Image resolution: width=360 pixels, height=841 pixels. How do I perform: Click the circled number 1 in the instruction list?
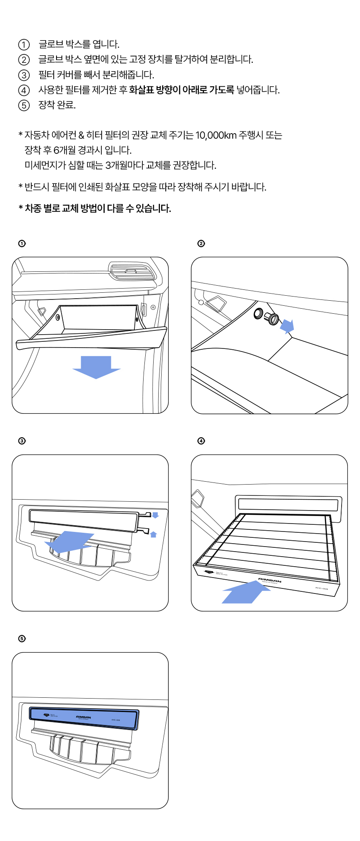[x=24, y=44]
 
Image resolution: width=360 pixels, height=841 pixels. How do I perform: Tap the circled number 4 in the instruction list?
[x=24, y=90]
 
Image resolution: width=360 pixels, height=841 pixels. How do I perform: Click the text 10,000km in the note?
[x=216, y=135]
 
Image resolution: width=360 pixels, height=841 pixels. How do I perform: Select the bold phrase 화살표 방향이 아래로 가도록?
[x=181, y=90]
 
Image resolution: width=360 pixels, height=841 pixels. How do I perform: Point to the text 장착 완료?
[x=57, y=105]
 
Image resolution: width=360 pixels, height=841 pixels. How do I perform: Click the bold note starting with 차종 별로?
[x=95, y=209]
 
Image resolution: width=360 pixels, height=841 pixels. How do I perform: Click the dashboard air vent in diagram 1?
[x=132, y=271]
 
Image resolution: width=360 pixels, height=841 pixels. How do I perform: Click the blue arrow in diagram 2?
[x=287, y=325]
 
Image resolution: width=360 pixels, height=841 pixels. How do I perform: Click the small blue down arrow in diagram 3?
[x=155, y=515]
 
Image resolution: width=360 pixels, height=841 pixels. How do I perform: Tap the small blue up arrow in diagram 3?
[x=153, y=534]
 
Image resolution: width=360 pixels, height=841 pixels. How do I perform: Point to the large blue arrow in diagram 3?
[x=69, y=542]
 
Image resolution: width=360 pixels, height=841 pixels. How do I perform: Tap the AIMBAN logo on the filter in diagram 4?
[x=270, y=580]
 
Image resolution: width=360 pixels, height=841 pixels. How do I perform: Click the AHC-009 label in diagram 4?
[x=321, y=588]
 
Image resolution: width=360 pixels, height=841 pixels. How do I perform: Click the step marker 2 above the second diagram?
[x=201, y=244]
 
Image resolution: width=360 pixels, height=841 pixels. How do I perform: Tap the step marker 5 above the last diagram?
[x=22, y=639]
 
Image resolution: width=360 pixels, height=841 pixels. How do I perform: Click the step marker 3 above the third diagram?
[x=22, y=441]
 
